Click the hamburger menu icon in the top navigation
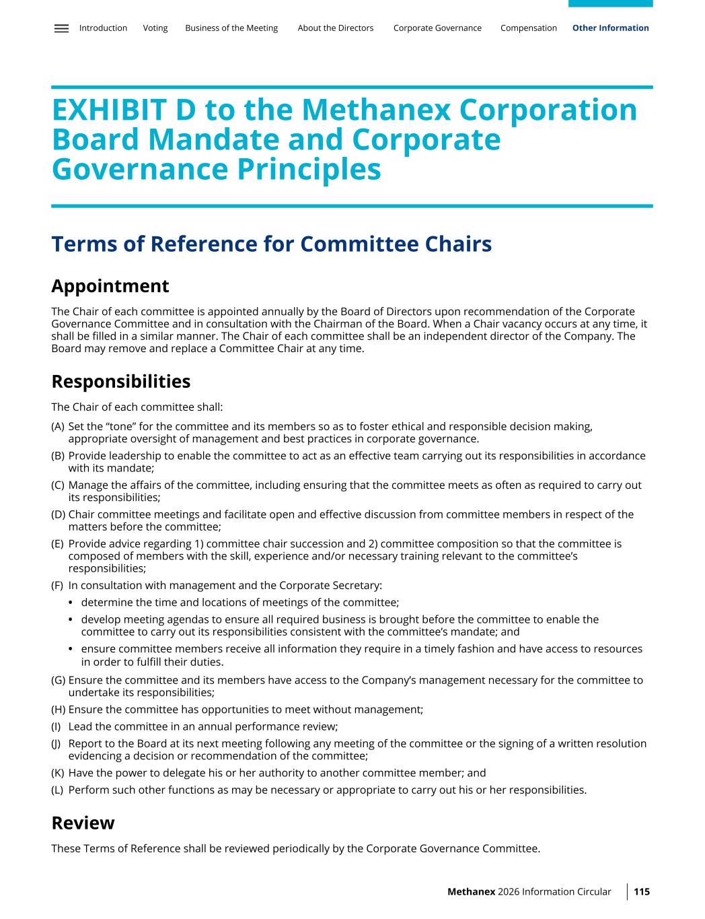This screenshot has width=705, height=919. [61, 28]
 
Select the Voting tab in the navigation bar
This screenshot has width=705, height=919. [155, 28]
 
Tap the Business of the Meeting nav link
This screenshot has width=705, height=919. [231, 28]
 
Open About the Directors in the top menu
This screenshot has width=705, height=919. [336, 28]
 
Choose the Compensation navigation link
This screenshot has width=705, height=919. [529, 28]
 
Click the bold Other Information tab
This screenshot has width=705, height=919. [611, 28]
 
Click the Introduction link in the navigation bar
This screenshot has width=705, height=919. [103, 28]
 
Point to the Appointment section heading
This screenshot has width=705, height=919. [110, 286]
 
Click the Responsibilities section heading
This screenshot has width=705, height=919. [121, 382]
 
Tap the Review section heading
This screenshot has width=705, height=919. [83, 823]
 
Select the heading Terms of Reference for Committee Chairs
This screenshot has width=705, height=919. [272, 244]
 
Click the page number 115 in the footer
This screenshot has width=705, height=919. [642, 892]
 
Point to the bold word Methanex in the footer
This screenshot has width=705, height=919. [472, 892]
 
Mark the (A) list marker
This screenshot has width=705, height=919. [58, 427]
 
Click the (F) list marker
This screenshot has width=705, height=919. [57, 586]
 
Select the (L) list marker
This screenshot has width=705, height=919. [57, 790]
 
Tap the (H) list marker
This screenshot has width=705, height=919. [58, 710]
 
